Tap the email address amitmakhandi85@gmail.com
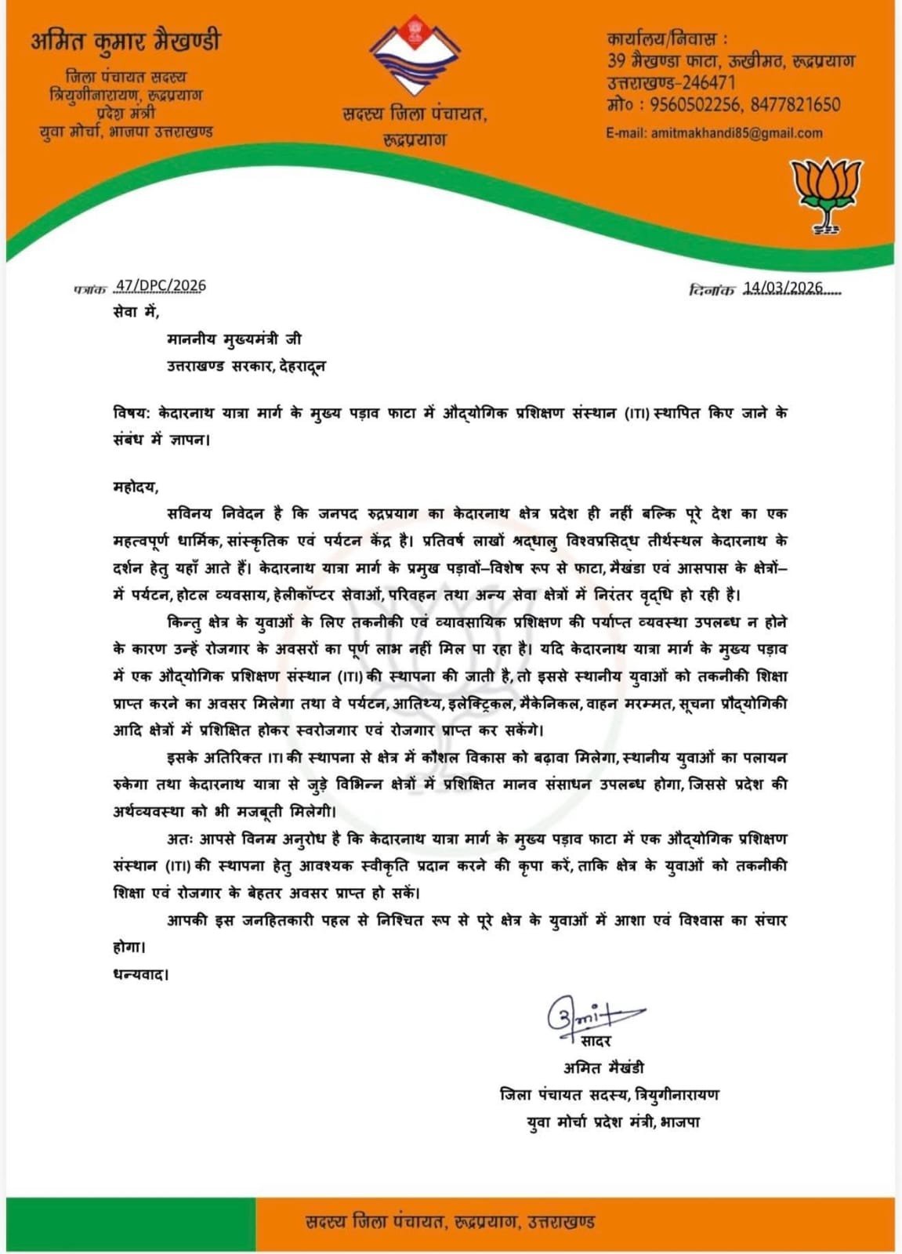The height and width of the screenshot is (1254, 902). [x=736, y=133]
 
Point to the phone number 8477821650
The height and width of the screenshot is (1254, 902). [x=795, y=105]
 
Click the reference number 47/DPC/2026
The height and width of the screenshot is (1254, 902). [x=160, y=285]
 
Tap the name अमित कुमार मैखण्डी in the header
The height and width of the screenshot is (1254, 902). [x=126, y=42]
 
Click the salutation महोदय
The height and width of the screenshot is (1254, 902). [x=135, y=487]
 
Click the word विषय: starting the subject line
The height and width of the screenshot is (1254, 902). [x=132, y=413]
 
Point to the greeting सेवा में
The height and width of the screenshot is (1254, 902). [x=135, y=312]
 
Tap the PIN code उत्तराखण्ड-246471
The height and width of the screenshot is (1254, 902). [x=671, y=82]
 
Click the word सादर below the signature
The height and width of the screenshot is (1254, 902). [x=596, y=1041]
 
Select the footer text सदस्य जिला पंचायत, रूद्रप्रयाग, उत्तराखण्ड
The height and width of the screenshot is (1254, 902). [x=451, y=1221]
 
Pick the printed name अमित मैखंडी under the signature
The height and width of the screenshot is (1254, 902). [x=603, y=1067]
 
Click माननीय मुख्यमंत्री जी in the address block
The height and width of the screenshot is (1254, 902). [x=234, y=339]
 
